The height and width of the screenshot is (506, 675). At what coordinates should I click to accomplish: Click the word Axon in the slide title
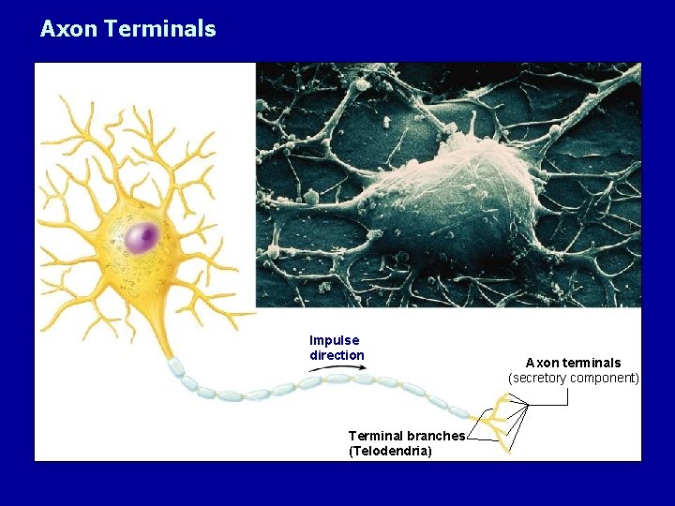pos(68,29)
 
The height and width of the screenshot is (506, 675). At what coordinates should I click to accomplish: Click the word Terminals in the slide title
pos(160,29)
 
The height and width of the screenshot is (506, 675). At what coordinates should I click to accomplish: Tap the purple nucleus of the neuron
pos(142,237)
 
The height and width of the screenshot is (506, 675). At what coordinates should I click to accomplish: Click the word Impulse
pos(334,340)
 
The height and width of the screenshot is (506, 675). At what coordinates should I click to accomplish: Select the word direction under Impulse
pos(337,355)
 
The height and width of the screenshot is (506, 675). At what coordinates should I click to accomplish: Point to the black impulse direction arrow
pos(337,368)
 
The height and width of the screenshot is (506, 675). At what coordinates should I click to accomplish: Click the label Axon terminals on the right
pos(573,363)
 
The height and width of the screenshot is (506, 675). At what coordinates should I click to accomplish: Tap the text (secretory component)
pos(573,378)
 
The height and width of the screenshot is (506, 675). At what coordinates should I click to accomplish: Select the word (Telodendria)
pos(390,451)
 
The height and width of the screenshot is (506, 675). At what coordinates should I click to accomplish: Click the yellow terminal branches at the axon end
pos(502,422)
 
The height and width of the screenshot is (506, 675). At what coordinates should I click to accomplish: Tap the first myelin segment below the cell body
pos(175,367)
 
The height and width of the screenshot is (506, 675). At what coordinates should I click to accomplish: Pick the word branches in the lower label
pos(436,436)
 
